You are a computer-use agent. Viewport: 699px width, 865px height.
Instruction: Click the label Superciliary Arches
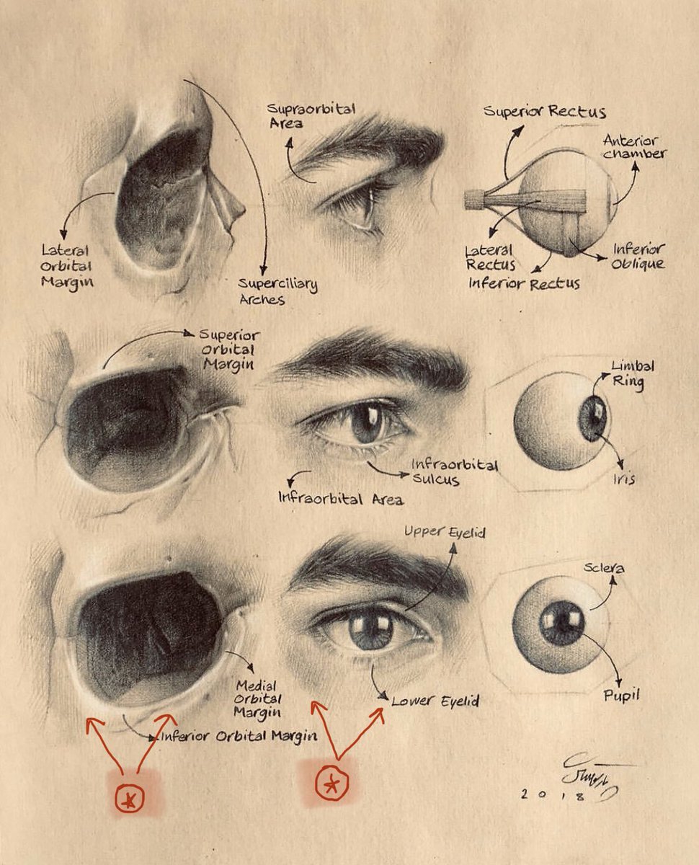point(278,290)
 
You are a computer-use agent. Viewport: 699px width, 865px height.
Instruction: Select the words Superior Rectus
point(544,112)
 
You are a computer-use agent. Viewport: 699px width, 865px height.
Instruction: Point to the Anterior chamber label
point(634,147)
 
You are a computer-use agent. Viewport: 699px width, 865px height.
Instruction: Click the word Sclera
point(604,569)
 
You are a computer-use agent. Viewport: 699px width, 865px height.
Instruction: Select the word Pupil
point(621,696)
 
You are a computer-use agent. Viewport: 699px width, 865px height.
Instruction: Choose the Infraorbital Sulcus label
point(454,472)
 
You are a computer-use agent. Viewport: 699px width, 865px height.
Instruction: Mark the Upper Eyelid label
point(445,533)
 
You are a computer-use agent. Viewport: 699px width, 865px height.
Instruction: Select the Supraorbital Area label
point(311,115)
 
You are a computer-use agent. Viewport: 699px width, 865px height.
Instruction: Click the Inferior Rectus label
point(524,283)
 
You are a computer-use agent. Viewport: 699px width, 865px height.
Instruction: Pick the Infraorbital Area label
point(340,498)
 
